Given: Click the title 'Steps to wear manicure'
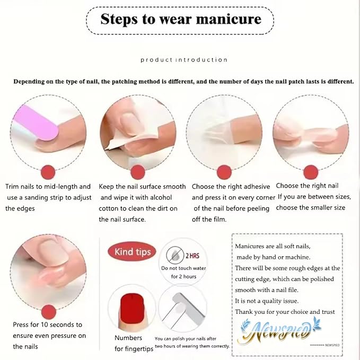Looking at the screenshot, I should pos(181,20).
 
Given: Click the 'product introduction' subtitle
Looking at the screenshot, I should pos(184,60).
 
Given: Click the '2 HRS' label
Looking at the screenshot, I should pos(191,255).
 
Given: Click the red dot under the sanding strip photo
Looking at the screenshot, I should pos(48,172).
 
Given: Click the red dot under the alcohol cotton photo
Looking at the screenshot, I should pos(138,172).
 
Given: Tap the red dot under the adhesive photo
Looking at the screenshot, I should pos(224,172).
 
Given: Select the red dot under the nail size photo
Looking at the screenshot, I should pos(311,172).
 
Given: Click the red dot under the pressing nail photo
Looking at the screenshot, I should pos(48,311).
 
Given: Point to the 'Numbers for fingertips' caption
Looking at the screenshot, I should pos(129,343).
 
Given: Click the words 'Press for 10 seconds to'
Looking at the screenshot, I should pos(48,324).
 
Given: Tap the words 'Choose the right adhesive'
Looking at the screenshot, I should pos(231,187).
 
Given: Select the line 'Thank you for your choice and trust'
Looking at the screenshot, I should pos(285,312).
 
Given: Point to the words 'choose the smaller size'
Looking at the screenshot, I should pos(311,207).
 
